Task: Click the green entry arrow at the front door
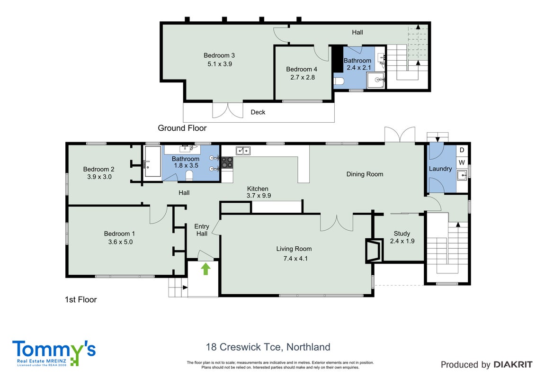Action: [x=205, y=269]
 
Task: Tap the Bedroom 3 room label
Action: [x=219, y=55]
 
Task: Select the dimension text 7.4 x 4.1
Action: [x=295, y=259]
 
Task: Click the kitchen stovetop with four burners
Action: [x=227, y=162]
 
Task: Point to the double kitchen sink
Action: [x=243, y=151]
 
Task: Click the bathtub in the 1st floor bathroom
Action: [x=152, y=162]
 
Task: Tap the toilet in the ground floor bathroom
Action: [x=339, y=81]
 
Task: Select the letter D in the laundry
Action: [x=462, y=150]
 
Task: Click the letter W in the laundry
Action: [x=462, y=162]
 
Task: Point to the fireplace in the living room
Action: [x=373, y=250]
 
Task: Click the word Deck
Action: [x=258, y=112]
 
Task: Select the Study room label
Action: [x=402, y=234]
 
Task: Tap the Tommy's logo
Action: [x=54, y=353]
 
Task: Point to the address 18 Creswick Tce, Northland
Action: [x=268, y=347]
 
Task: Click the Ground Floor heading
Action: [x=182, y=128]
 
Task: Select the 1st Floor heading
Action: [x=80, y=299]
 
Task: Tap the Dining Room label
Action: [x=365, y=174]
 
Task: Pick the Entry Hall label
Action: [x=202, y=230]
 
